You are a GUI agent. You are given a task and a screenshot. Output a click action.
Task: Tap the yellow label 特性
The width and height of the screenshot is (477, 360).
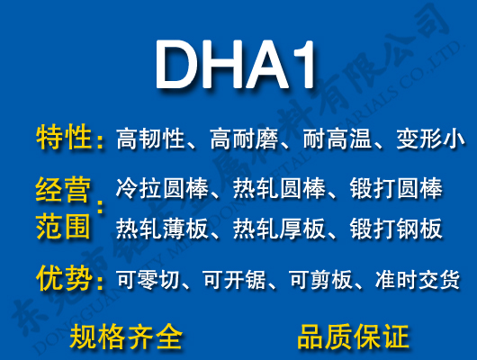click(64, 139)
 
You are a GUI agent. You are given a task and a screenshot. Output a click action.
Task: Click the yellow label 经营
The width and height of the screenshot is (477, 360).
click(64, 190)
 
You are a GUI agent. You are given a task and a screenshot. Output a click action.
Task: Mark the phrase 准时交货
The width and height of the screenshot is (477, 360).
click(417, 280)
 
